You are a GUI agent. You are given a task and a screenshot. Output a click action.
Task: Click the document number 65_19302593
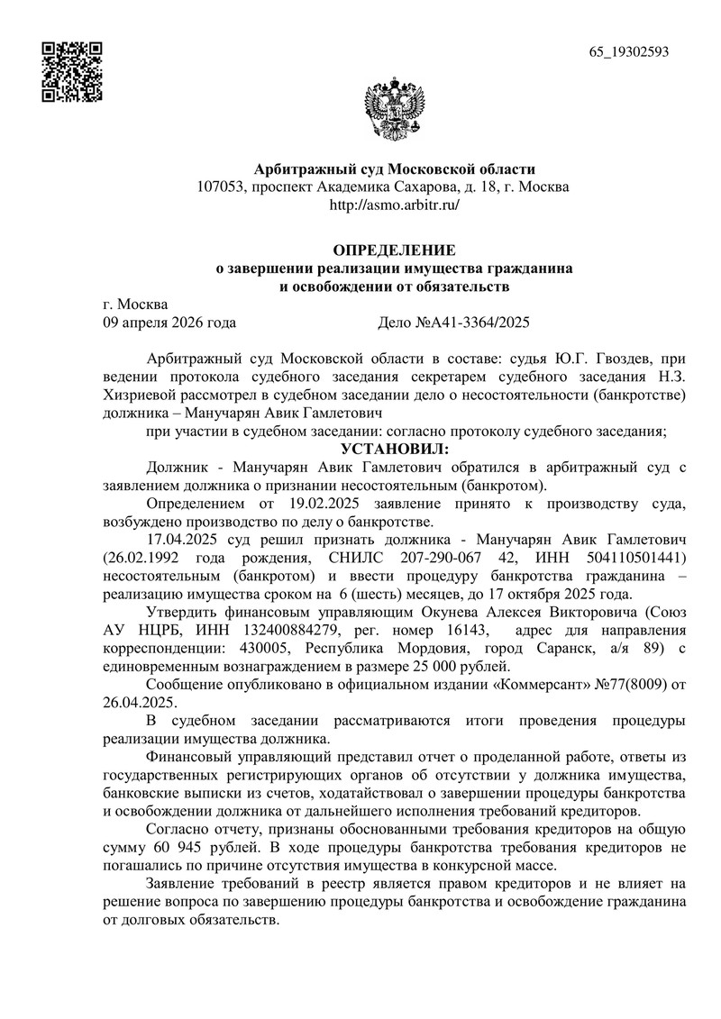coord(629,51)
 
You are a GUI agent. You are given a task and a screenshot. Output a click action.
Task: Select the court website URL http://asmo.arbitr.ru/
coord(395,205)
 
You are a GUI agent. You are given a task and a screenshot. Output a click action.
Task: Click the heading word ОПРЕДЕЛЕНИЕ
coord(395,250)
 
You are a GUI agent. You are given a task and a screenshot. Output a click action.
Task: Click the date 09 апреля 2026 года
coord(170,321)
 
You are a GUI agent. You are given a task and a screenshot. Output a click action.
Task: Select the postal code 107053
coord(222,187)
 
